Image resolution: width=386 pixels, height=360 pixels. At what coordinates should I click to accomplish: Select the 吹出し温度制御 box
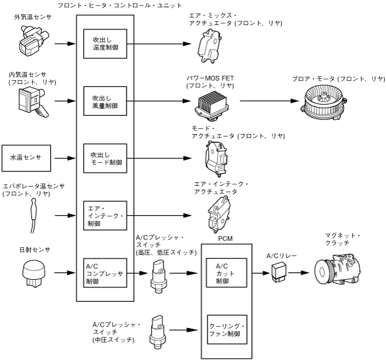105,45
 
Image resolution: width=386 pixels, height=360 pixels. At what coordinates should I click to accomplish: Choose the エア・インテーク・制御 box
105,216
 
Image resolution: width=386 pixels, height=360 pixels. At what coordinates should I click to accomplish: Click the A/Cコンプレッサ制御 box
105,273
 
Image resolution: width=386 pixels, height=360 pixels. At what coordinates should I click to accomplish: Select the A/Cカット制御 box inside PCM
224,273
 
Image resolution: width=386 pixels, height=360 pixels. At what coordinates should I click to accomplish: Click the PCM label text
223,239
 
